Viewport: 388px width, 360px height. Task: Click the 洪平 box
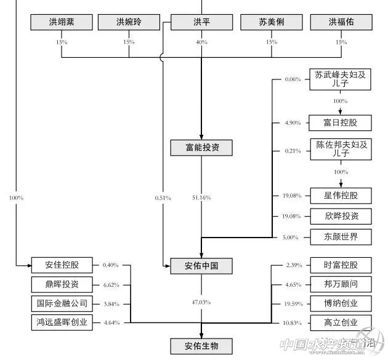tap(202, 23)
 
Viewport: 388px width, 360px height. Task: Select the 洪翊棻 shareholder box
tap(62, 23)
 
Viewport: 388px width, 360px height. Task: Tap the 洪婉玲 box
tap(129, 23)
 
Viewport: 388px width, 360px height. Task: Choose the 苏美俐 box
tap(272, 23)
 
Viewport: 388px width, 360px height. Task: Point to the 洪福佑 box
tap(341, 23)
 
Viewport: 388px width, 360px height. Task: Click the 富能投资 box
tap(202, 147)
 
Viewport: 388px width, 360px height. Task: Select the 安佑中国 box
tap(202, 266)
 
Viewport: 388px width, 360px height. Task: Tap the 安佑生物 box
tap(202, 346)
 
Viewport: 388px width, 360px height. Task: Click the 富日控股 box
tap(341, 122)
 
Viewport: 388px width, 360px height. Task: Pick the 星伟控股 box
tap(341, 196)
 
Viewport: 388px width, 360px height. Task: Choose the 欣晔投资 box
tap(341, 216)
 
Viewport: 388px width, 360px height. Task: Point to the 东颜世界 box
tap(341, 236)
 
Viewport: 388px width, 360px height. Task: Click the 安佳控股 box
tap(62, 265)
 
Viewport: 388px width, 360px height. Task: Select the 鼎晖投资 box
tap(62, 284)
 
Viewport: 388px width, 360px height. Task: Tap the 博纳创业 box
tap(341, 303)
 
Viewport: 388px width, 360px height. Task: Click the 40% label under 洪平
tap(202, 42)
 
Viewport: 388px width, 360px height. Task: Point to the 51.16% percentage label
tap(201, 198)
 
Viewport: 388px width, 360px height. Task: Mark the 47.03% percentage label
tap(201, 302)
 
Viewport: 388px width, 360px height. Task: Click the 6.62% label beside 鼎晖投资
tap(111, 285)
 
